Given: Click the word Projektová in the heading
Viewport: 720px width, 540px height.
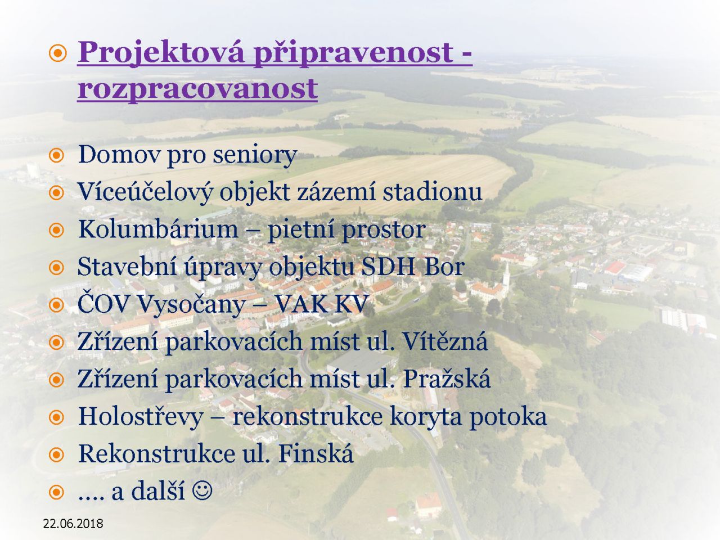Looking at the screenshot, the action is tap(161, 53).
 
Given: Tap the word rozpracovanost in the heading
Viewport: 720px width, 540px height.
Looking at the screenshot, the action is tap(197, 90).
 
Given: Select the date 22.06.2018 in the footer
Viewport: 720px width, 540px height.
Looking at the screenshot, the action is tap(73, 523).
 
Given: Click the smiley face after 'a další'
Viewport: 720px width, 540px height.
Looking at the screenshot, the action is tap(202, 490).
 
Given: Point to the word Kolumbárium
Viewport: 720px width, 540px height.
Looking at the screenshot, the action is tap(158, 229).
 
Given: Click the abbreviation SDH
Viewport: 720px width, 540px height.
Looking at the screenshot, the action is tap(388, 267).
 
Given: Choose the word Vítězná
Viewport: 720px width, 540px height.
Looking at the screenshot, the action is tap(445, 341).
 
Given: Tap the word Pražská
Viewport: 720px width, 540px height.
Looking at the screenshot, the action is tap(447, 379).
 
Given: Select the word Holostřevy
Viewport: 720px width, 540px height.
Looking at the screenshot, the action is tap(141, 417).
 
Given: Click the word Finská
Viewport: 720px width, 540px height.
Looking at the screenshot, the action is tap(316, 453).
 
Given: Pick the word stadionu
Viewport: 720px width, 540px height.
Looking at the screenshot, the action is tap(433, 192).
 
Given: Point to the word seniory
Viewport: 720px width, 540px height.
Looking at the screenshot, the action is tap(255, 156).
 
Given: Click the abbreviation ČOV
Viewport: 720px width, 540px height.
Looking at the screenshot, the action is tap(103, 303).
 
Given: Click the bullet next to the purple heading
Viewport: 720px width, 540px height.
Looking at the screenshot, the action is tap(58, 53).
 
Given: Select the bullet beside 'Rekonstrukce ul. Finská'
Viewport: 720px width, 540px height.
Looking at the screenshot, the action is tap(56, 454).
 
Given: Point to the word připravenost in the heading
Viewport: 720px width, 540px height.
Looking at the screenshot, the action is tap(354, 53).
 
